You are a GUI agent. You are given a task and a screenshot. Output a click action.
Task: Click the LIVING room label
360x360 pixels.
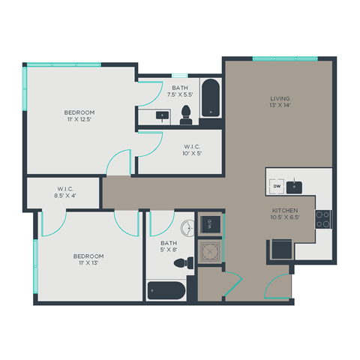point(280,98)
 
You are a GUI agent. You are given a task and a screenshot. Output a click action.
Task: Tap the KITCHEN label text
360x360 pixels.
point(286,211)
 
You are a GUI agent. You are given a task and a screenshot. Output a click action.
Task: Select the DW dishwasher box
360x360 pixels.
point(277,186)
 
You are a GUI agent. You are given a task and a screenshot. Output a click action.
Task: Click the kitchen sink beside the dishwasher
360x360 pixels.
point(295,186)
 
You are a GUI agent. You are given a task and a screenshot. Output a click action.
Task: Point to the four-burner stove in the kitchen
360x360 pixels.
point(322,219)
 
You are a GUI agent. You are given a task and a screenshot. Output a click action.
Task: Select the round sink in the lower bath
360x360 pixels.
point(184,228)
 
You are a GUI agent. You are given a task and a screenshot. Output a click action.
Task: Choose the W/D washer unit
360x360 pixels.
point(210,223)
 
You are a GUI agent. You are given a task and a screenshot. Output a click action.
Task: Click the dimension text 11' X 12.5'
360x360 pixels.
point(79,120)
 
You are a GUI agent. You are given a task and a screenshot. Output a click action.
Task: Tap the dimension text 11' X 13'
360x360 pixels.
point(88,263)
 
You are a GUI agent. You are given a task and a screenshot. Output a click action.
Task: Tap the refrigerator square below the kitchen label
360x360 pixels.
point(281,248)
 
